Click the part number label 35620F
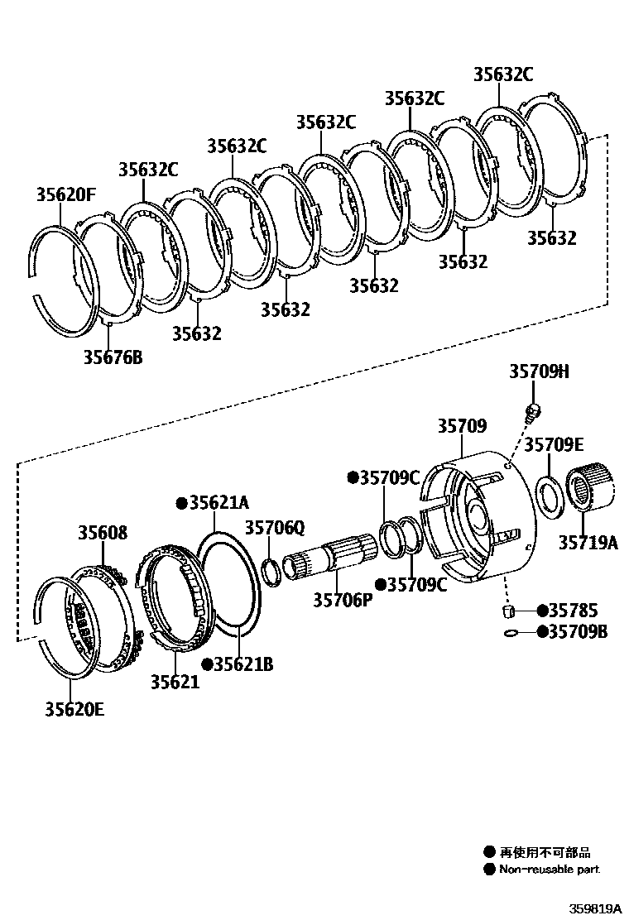[x=65, y=195]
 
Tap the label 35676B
[x=113, y=357]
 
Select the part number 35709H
[x=539, y=372]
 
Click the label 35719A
[x=588, y=543]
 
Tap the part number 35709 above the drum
[x=462, y=426]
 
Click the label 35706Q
[x=275, y=527]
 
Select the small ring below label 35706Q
[x=270, y=571]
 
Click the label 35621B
[x=243, y=664]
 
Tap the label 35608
[x=103, y=532]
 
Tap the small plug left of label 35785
[x=509, y=611]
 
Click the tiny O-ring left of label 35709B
[x=511, y=634]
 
